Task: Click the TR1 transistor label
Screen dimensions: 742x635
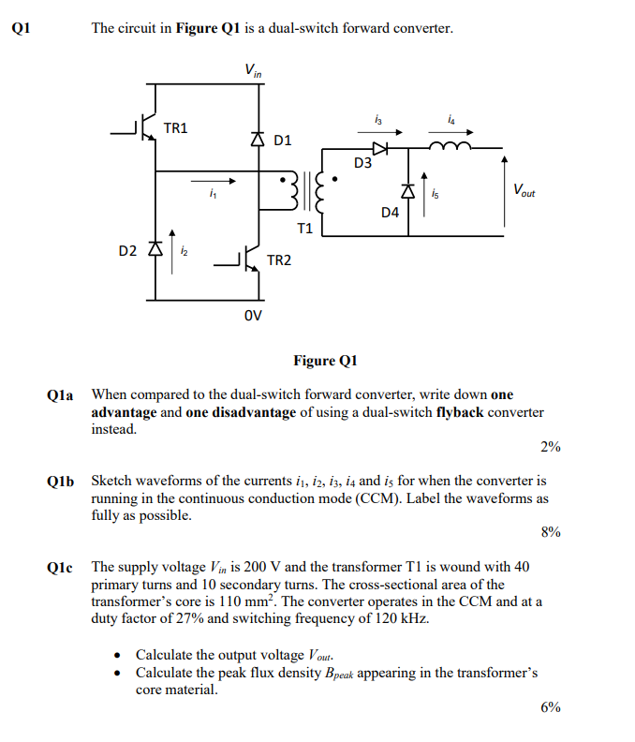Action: [x=175, y=127]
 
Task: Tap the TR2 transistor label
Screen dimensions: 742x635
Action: [x=278, y=260]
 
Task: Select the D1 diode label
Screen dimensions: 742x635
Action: [x=283, y=141]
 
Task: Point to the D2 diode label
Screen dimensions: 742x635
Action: [x=127, y=251]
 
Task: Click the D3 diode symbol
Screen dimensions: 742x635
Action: [x=379, y=147]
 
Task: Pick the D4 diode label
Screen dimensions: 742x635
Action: [x=391, y=213]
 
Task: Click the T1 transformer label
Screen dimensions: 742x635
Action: [x=305, y=228]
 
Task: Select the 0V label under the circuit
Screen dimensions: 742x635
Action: [x=253, y=315]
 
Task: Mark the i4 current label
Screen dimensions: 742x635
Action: [x=452, y=118]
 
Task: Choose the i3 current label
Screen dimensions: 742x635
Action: [x=377, y=118]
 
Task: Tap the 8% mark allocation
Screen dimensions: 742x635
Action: [x=551, y=532]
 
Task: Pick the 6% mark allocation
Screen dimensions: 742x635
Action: [x=551, y=707]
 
